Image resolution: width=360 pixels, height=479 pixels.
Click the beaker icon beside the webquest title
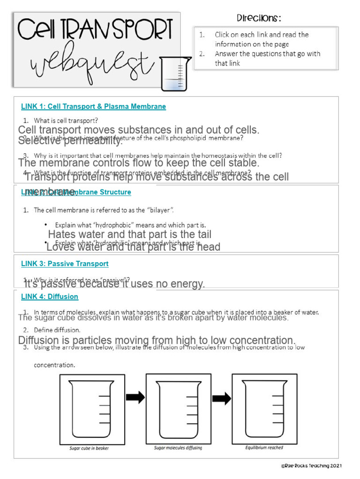tap(175, 73)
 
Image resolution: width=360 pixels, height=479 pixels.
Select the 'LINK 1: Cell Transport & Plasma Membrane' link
tap(93, 107)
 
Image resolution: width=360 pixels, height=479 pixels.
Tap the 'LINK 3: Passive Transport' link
tap(65, 264)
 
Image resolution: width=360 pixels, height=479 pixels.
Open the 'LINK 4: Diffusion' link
tap(50, 297)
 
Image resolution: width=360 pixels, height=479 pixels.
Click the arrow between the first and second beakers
tap(135, 398)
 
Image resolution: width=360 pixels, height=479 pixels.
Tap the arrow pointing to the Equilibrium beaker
tap(221, 399)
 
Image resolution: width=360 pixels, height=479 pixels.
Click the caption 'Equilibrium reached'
tap(264, 448)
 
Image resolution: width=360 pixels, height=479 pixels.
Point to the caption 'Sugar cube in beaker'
tap(89, 448)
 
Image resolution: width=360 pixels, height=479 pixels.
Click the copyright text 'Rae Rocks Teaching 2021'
tap(311, 466)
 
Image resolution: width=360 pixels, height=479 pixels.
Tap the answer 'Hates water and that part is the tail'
tap(129, 234)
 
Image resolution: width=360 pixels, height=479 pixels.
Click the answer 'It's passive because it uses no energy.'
tap(114, 284)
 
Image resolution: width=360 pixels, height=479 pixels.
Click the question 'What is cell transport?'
tap(66, 120)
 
